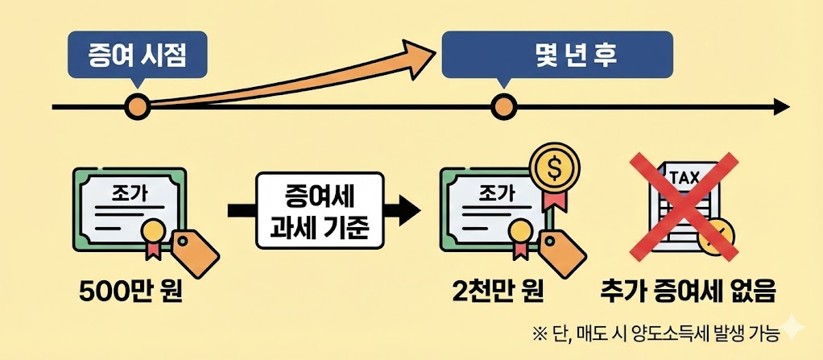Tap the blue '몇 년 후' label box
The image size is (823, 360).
pos(557,55)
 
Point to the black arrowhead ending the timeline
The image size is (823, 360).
pos(780,106)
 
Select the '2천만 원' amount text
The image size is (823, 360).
pos(497,290)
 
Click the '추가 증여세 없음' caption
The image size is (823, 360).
pos(689,291)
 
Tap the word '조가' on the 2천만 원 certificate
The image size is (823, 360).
pos(495,192)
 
